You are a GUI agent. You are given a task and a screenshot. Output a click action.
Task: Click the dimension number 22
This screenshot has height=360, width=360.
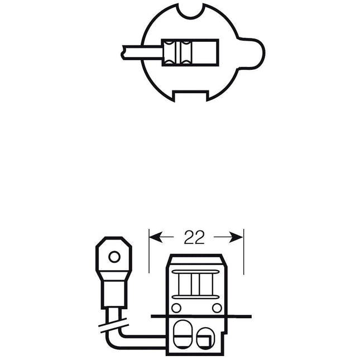[x=194, y=237]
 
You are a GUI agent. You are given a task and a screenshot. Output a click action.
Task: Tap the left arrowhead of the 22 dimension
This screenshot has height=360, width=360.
[x=156, y=237]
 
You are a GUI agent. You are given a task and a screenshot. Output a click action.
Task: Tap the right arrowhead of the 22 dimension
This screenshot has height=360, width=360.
[x=236, y=237]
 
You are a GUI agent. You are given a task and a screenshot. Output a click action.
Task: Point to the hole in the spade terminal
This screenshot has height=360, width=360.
[x=114, y=257]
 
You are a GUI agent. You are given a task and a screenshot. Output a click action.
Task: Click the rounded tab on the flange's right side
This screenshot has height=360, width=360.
[x=252, y=53]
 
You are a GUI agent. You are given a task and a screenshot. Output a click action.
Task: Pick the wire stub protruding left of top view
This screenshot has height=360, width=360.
[x=142, y=53]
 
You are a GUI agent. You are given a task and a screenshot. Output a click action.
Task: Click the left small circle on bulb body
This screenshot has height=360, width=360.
[x=176, y=308]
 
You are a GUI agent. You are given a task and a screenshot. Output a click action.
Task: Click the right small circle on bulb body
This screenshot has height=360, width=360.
[x=217, y=308]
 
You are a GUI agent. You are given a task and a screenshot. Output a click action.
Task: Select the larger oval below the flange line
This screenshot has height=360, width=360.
[x=183, y=334]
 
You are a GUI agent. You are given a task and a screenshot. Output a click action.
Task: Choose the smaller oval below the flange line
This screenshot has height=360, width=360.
[x=205, y=338]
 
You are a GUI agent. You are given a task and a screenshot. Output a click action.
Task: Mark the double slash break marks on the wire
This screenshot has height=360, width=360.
[x=113, y=325]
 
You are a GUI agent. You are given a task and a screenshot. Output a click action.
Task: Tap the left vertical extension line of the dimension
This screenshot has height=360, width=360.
[x=149, y=251]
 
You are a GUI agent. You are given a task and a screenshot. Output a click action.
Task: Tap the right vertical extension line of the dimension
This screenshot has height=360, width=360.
[x=243, y=251]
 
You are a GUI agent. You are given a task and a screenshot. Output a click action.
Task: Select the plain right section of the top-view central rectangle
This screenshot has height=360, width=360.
[x=205, y=52]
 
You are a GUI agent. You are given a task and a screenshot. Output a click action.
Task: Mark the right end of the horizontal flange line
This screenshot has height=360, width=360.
[x=251, y=316]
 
